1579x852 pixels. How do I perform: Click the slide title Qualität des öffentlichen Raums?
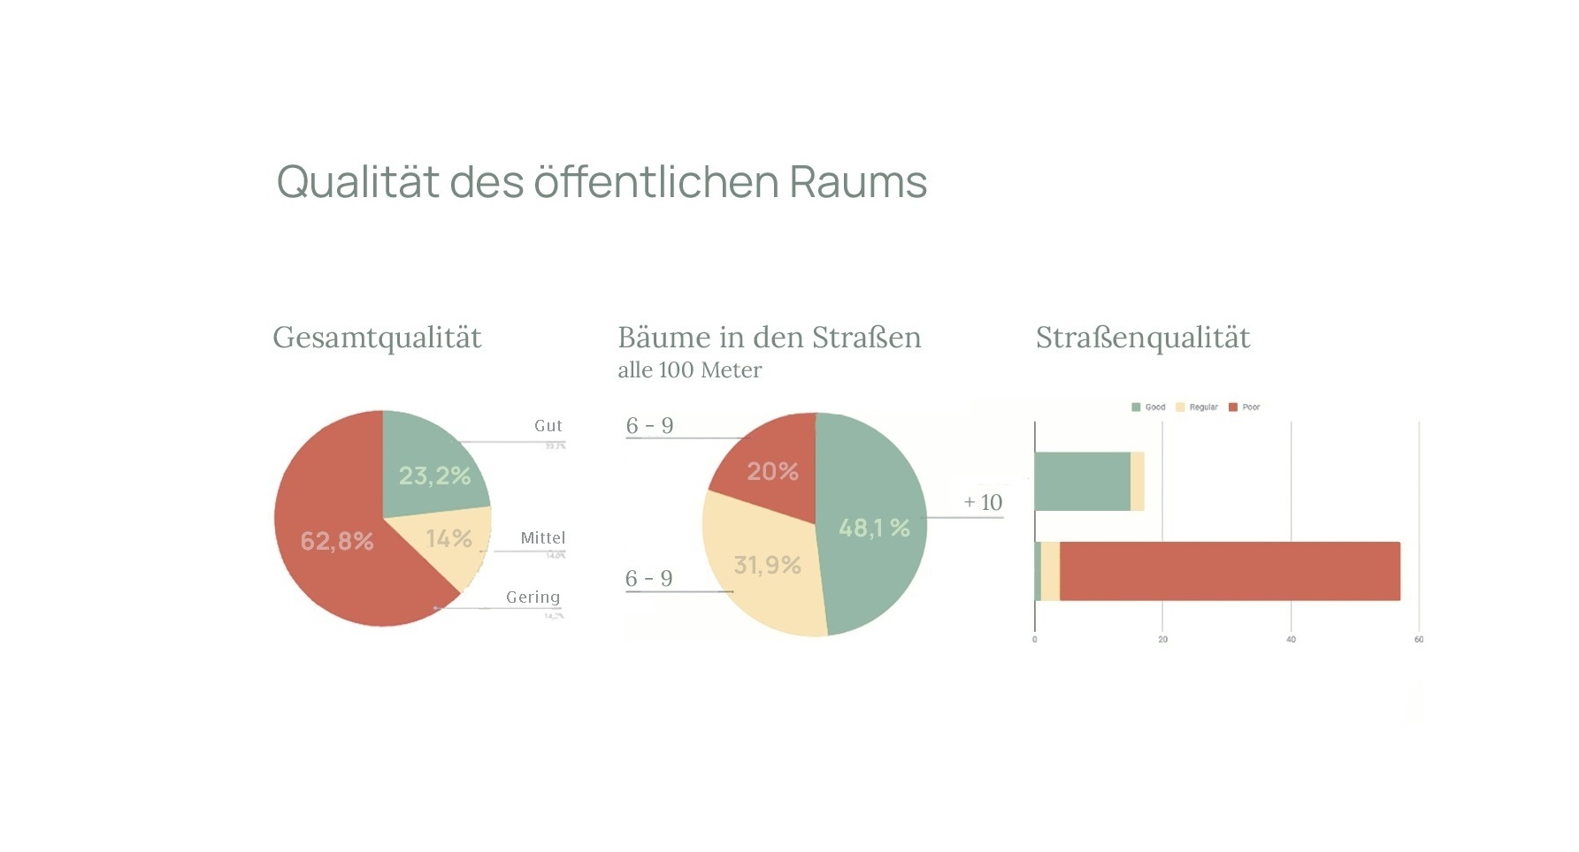[602, 182]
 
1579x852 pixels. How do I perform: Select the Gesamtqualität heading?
[377, 338]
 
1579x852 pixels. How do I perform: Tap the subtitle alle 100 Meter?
[689, 370]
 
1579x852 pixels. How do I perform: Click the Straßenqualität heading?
[1142, 338]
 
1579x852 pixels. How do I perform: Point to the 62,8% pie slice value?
[337, 541]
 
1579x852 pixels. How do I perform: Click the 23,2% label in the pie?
[434, 475]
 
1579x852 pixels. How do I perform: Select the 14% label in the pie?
[448, 538]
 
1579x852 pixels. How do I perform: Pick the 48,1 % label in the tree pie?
[874, 528]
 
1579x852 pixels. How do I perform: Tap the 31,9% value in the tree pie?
[767, 565]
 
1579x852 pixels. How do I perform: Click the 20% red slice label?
[772, 471]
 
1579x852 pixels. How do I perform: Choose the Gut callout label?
[548, 426]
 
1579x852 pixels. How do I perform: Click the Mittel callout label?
[542, 538]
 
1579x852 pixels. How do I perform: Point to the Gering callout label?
[533, 597]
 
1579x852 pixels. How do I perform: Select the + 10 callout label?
[983, 503]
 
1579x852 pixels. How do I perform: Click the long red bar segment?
[1230, 571]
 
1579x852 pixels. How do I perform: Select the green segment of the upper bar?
[1082, 482]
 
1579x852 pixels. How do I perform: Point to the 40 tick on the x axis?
[1291, 639]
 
